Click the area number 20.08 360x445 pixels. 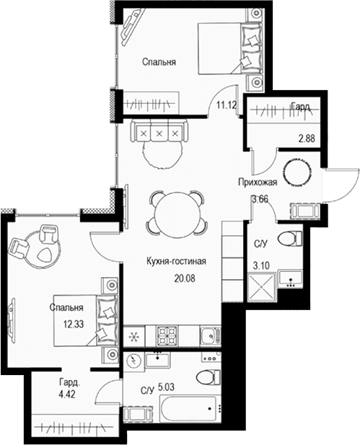click(x=185, y=278)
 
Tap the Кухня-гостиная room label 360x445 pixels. click(x=176, y=261)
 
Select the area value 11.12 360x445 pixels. click(x=227, y=105)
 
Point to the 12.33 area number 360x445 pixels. click(x=74, y=324)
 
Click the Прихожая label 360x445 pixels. click(x=258, y=182)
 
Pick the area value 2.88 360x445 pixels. click(x=307, y=138)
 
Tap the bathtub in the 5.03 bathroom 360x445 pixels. click(x=188, y=409)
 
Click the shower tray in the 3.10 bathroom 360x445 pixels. click(x=261, y=287)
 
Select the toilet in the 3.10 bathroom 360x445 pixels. click(x=290, y=239)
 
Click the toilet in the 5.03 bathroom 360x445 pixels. click(x=208, y=377)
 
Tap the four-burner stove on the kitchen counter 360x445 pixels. click(x=167, y=336)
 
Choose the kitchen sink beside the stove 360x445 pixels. click(x=210, y=336)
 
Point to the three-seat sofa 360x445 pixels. click(x=159, y=131)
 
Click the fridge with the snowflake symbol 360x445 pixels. click(x=134, y=336)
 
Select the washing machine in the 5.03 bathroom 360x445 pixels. click(x=133, y=361)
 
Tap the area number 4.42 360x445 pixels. click(x=67, y=395)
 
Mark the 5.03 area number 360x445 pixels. click(x=166, y=387)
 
